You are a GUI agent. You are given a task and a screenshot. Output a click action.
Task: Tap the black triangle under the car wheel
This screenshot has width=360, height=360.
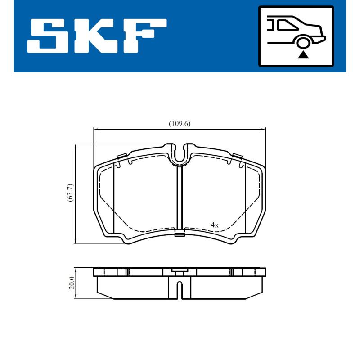coord(304,55)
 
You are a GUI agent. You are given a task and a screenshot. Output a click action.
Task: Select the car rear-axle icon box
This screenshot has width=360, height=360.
coord(296,36)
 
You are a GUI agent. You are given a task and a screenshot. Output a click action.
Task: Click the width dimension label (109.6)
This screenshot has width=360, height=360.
coord(180,124)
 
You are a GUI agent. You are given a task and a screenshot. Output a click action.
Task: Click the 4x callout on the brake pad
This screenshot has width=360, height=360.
coord(215,224)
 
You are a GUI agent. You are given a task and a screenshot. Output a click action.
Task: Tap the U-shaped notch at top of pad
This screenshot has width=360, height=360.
coord(180,155)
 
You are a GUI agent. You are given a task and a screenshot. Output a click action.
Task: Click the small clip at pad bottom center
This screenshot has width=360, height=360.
coord(180,234)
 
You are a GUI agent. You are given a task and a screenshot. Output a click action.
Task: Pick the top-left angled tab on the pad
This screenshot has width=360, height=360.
coord(121,157)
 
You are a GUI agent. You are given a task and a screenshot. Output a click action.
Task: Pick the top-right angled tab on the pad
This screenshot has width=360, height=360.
coord(238,157)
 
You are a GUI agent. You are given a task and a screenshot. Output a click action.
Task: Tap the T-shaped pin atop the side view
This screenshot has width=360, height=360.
coord(179,272)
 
